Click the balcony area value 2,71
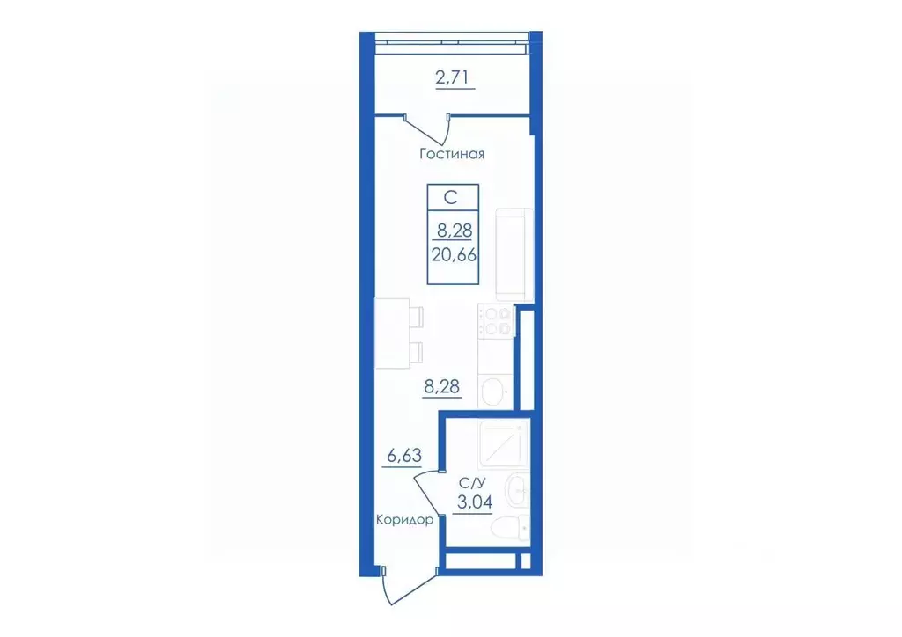[x=452, y=77]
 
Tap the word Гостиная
[x=452, y=154]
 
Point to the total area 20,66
[x=454, y=254]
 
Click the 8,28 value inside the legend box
[x=455, y=231]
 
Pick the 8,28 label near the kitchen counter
[x=442, y=386]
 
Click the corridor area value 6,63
[x=404, y=456]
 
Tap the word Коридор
[x=404, y=520]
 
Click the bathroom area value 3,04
[x=475, y=502]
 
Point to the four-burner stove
[x=497, y=321]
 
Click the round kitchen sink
[x=493, y=393]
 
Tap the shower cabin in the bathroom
[x=503, y=443]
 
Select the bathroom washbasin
[x=516, y=491]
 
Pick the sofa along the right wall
[x=514, y=254]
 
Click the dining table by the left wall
[x=393, y=333]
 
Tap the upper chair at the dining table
[x=417, y=317]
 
